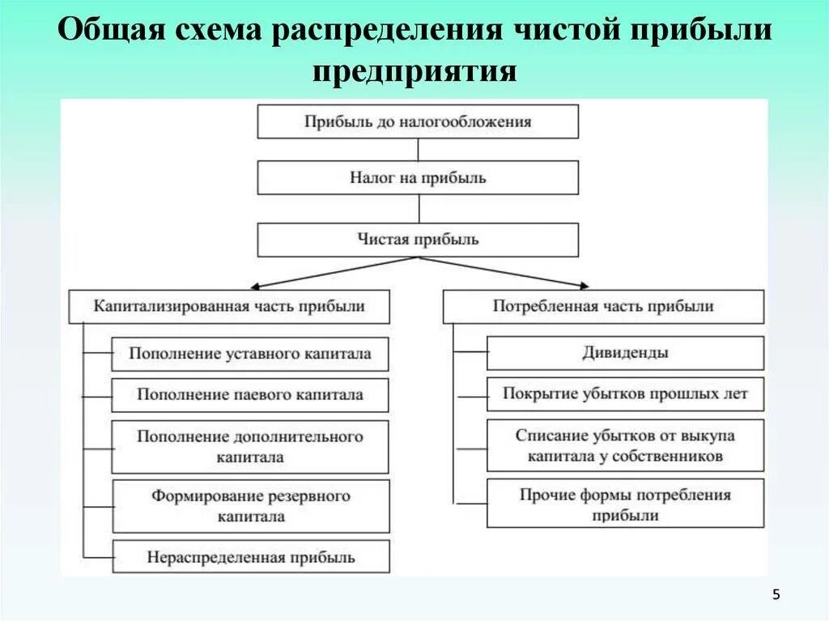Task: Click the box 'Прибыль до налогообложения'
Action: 418,121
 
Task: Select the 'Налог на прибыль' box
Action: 418,177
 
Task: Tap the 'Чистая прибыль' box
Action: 418,240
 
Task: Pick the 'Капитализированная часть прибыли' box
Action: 229,307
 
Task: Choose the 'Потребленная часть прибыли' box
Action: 603,307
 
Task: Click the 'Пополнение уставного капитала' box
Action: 250,354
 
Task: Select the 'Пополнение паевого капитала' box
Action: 250,395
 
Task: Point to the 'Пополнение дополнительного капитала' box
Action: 250,446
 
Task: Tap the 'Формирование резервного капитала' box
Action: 250,505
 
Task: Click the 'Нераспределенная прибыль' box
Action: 250,557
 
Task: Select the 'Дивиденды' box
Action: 625,353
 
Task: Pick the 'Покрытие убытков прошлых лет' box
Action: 625,394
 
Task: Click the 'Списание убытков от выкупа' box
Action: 625,445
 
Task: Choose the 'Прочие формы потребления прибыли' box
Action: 625,504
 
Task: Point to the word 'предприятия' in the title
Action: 414,70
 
